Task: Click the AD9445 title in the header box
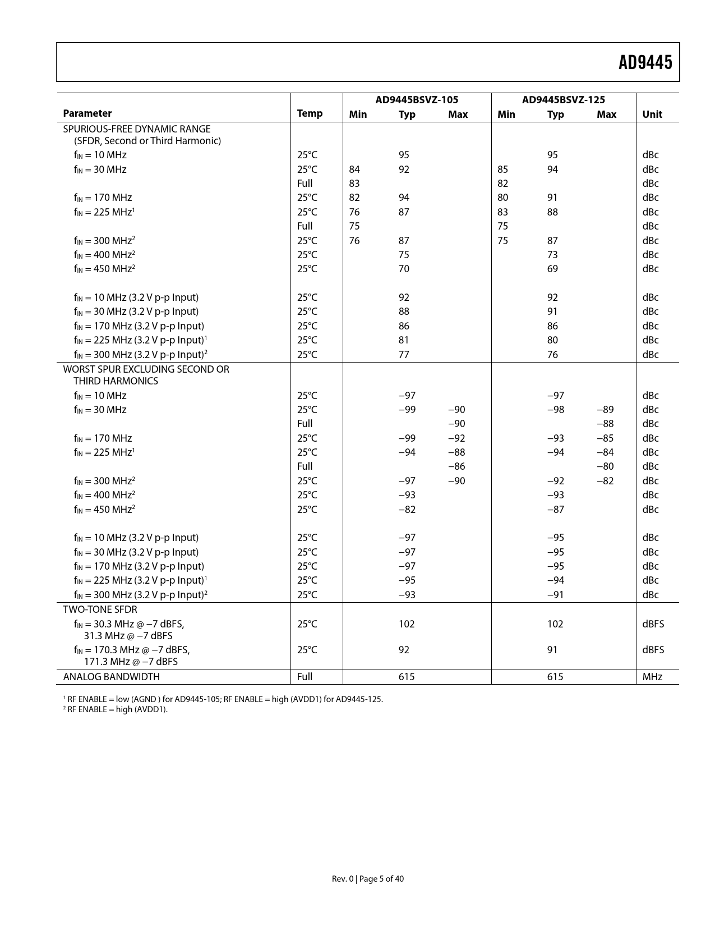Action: point(645,63)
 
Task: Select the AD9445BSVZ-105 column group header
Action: point(416,100)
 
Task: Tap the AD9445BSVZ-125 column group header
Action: point(563,100)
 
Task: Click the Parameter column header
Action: point(87,113)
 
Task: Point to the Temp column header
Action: point(310,113)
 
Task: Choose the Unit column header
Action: point(652,114)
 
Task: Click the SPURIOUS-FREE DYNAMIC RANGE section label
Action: point(137,129)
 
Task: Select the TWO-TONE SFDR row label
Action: point(100,609)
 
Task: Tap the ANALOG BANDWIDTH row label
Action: point(111,677)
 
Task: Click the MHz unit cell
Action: point(652,677)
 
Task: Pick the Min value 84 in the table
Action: point(354,169)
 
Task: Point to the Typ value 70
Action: point(404,269)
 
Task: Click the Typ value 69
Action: point(552,269)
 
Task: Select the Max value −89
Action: point(605,410)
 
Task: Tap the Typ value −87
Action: point(555,510)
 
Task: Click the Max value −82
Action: point(605,481)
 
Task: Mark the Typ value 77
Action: point(404,355)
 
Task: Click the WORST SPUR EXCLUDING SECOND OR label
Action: point(146,369)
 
